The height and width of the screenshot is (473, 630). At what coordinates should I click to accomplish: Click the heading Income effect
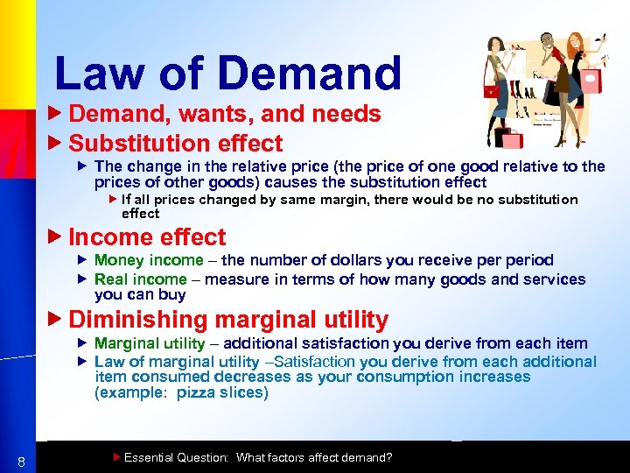(146, 237)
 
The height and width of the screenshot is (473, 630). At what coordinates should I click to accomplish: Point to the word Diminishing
(132, 321)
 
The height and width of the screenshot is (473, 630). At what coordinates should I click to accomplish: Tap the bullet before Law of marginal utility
(83, 362)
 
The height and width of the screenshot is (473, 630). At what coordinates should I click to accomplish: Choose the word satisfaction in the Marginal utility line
(346, 343)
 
